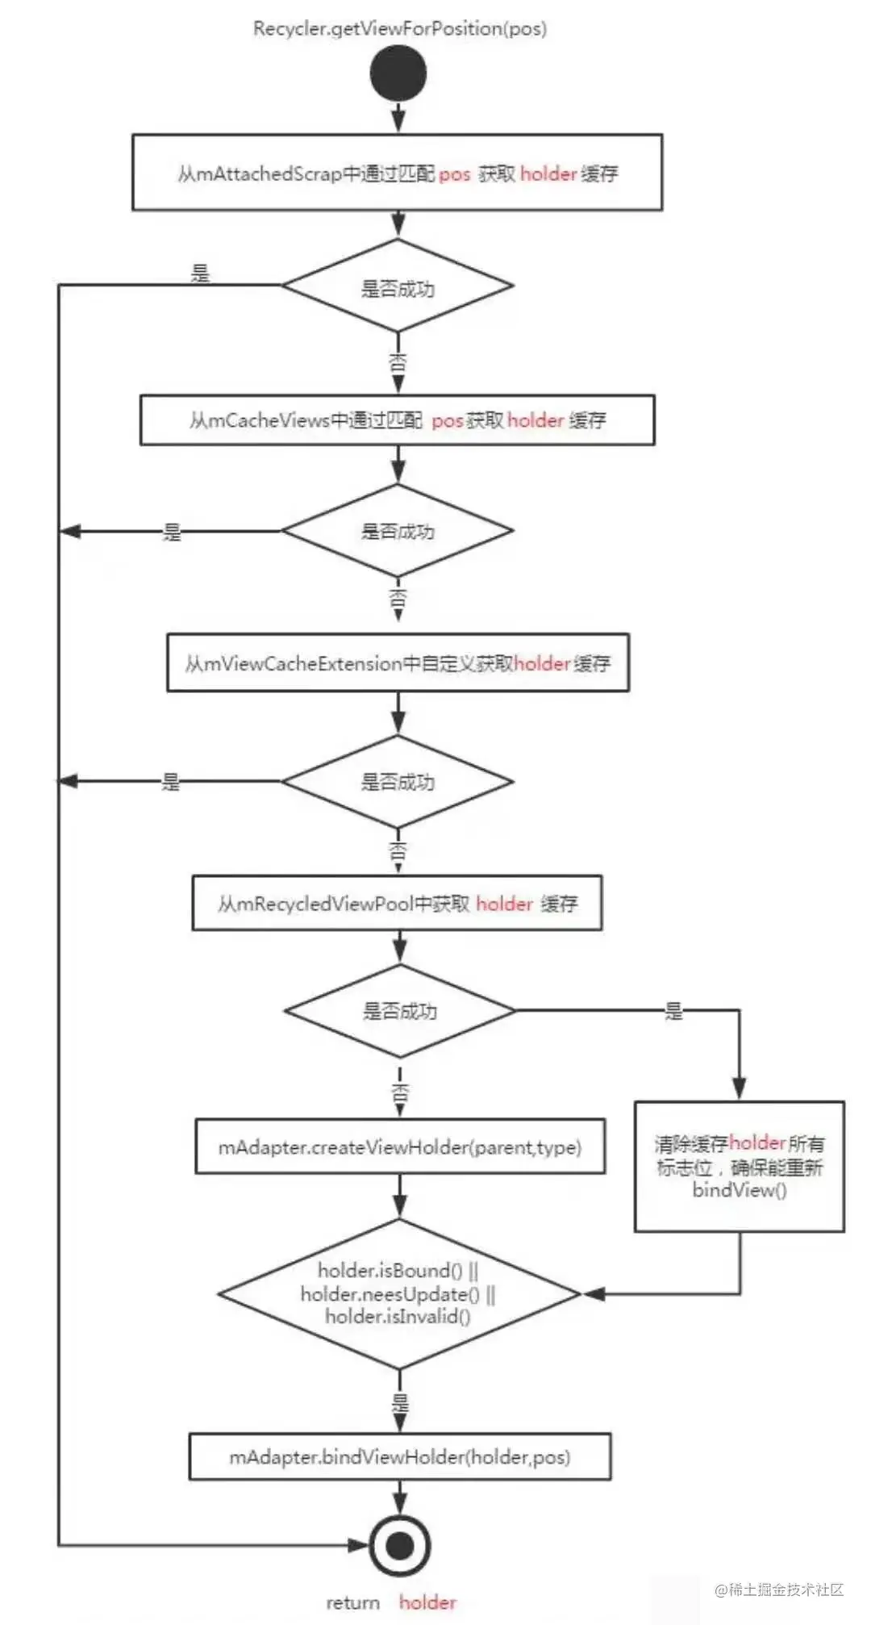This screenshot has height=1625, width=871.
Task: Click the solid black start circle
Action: coord(398,73)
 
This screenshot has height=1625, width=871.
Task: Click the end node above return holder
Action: coord(399,1546)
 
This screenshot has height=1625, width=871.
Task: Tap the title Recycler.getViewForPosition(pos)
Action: coord(399,29)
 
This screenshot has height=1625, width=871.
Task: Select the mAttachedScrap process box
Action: coord(398,173)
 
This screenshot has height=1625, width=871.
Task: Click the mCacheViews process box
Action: coord(398,420)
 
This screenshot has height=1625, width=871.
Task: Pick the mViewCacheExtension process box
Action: coord(398,662)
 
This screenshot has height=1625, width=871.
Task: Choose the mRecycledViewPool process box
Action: coord(397,903)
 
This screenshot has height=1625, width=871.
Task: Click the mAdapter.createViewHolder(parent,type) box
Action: coord(400,1147)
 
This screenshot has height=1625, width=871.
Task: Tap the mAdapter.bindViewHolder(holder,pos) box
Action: coord(400,1456)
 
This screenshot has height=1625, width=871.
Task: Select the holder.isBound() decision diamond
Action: coord(399,1293)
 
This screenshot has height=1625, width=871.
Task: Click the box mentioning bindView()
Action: coord(740,1167)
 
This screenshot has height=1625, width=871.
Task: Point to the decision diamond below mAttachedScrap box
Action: coord(398,286)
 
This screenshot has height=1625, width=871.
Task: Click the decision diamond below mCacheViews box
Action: coord(398,531)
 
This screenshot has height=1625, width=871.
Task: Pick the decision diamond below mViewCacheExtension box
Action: coord(398,781)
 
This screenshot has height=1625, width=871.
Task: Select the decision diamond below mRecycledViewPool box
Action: coord(400,1010)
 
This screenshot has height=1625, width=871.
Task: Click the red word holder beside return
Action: coord(427,1602)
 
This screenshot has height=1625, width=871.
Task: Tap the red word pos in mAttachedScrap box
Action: coord(454,174)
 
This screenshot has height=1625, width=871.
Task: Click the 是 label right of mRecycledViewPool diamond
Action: coord(673,1010)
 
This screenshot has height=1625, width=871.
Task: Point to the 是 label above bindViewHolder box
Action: coord(400,1402)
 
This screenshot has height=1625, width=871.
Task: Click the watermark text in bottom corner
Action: coord(779,1589)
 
